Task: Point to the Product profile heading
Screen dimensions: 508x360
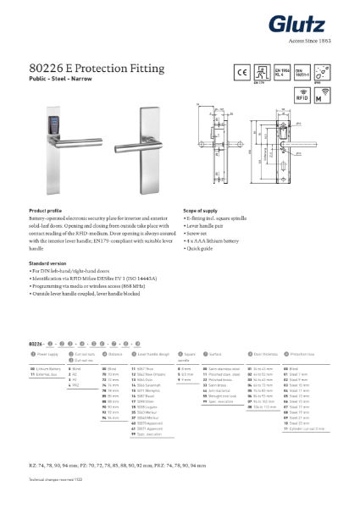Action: pyautogui.click(x=48, y=209)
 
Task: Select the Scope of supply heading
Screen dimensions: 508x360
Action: pyautogui.click(x=202, y=209)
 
